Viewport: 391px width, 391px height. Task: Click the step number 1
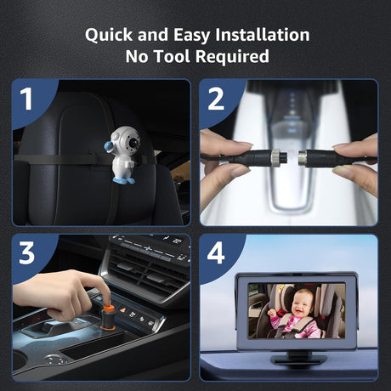pyautogui.click(x=26, y=99)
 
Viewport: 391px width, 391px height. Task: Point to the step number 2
pyautogui.click(x=216, y=99)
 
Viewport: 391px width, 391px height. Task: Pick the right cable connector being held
pyautogui.click(x=315, y=159)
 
